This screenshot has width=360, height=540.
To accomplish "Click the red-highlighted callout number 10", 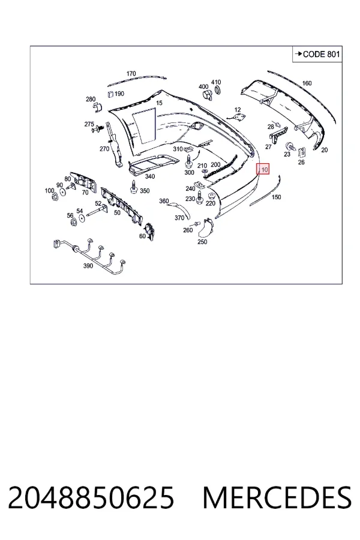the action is [264, 169].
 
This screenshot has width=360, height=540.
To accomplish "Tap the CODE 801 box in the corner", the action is [317, 54].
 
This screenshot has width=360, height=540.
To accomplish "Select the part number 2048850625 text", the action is [91, 498].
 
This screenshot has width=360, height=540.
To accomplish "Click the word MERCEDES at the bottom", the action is [277, 498].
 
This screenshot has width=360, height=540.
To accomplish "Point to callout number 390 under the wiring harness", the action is [88, 266].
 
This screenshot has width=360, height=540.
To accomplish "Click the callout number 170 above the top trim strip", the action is [131, 74].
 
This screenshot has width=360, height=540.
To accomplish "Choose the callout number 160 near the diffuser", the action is [307, 83].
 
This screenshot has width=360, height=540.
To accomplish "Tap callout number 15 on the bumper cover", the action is [159, 103].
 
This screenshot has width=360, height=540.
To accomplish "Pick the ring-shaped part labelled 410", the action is [218, 91].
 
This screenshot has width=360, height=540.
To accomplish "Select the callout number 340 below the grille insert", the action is [150, 176].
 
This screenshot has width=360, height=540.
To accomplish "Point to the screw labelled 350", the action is [133, 187].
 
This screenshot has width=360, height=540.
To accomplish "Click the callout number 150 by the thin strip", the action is [276, 197].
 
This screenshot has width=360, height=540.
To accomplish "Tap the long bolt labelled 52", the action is [96, 211].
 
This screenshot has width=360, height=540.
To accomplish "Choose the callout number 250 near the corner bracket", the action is [202, 242].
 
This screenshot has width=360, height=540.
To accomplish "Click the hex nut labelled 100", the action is [54, 197].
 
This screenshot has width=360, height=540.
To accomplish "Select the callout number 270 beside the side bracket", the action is [104, 149].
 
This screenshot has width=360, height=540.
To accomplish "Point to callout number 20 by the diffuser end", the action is [325, 150].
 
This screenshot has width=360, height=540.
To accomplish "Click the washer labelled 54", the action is [82, 218].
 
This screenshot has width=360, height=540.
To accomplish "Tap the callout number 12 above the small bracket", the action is [238, 110].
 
